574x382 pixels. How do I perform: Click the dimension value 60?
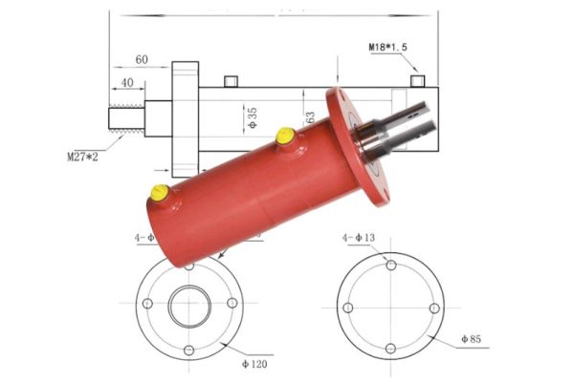tap(142, 59)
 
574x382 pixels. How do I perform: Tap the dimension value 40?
tap(126, 82)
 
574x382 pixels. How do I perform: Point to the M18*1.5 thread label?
tap(393, 46)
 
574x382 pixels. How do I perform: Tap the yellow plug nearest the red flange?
tap(284, 138)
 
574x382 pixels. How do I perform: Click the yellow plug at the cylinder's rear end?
tap(160, 195)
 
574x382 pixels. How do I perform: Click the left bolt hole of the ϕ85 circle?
tap(347, 307)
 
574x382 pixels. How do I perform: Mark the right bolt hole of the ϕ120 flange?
tap(232, 305)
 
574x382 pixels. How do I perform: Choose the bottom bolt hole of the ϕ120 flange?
tap(189, 349)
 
